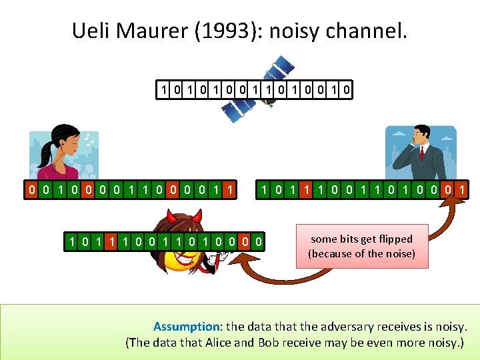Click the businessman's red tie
tap(421, 155)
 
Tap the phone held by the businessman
tap(412, 141)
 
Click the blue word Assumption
tap(187, 327)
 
